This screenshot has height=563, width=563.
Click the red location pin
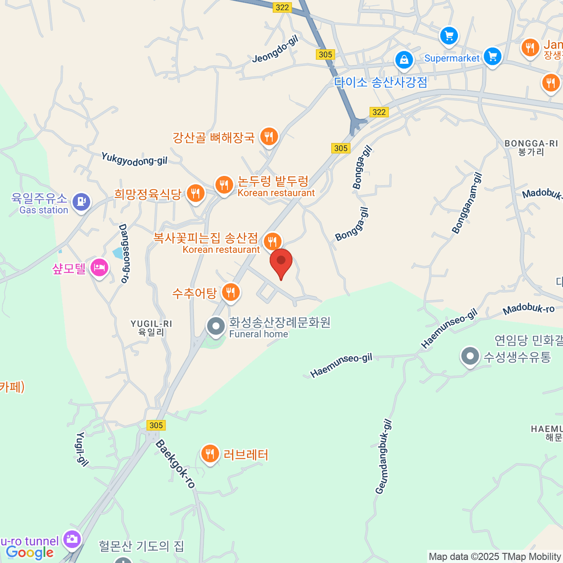[281, 262]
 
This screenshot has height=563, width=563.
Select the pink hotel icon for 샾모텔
[99, 268]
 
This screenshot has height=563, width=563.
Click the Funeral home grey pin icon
[216, 326]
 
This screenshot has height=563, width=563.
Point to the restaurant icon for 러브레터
[210, 454]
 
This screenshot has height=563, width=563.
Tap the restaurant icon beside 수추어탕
[230, 293]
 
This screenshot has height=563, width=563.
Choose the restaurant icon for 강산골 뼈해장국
[269, 137]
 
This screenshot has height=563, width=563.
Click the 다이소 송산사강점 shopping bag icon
[404, 60]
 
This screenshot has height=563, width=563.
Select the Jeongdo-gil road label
[275, 49]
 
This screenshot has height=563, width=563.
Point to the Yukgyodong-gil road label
[134, 160]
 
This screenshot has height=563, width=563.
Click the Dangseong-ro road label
[123, 253]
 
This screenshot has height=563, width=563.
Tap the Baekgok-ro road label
[175, 464]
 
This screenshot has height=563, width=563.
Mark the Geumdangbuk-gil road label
[383, 456]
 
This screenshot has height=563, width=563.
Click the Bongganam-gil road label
[467, 203]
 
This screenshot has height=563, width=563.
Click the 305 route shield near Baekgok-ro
[156, 425]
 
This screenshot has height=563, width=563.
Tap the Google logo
[30, 553]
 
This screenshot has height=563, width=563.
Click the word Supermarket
[452, 59]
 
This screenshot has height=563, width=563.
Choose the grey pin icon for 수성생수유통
[470, 357]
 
